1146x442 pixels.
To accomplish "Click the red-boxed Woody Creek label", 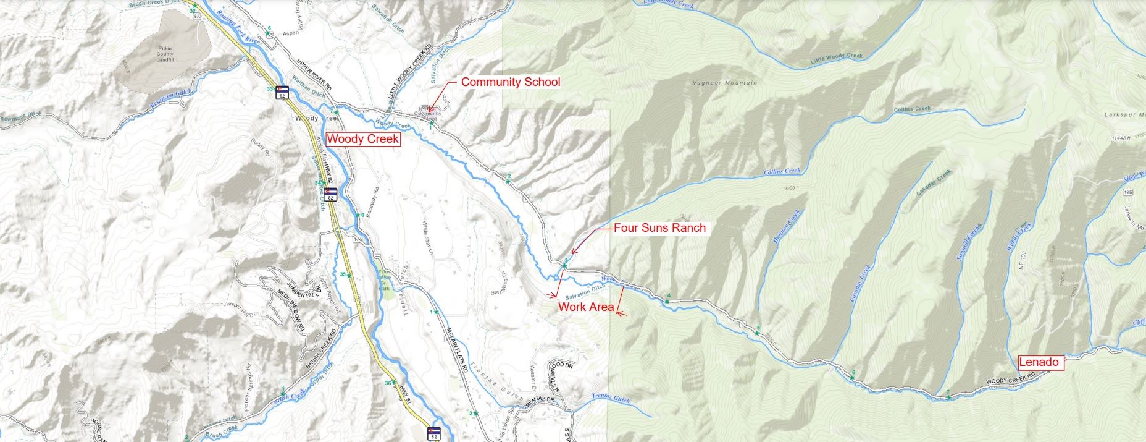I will pos(362,139).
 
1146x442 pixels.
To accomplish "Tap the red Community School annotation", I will pos(510,82).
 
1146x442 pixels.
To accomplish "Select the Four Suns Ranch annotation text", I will pos(659,227).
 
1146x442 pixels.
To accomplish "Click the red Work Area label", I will pos(586,307).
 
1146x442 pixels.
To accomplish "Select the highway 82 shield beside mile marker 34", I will pos(331,194).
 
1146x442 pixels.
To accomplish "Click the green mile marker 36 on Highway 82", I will pos(389,383).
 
